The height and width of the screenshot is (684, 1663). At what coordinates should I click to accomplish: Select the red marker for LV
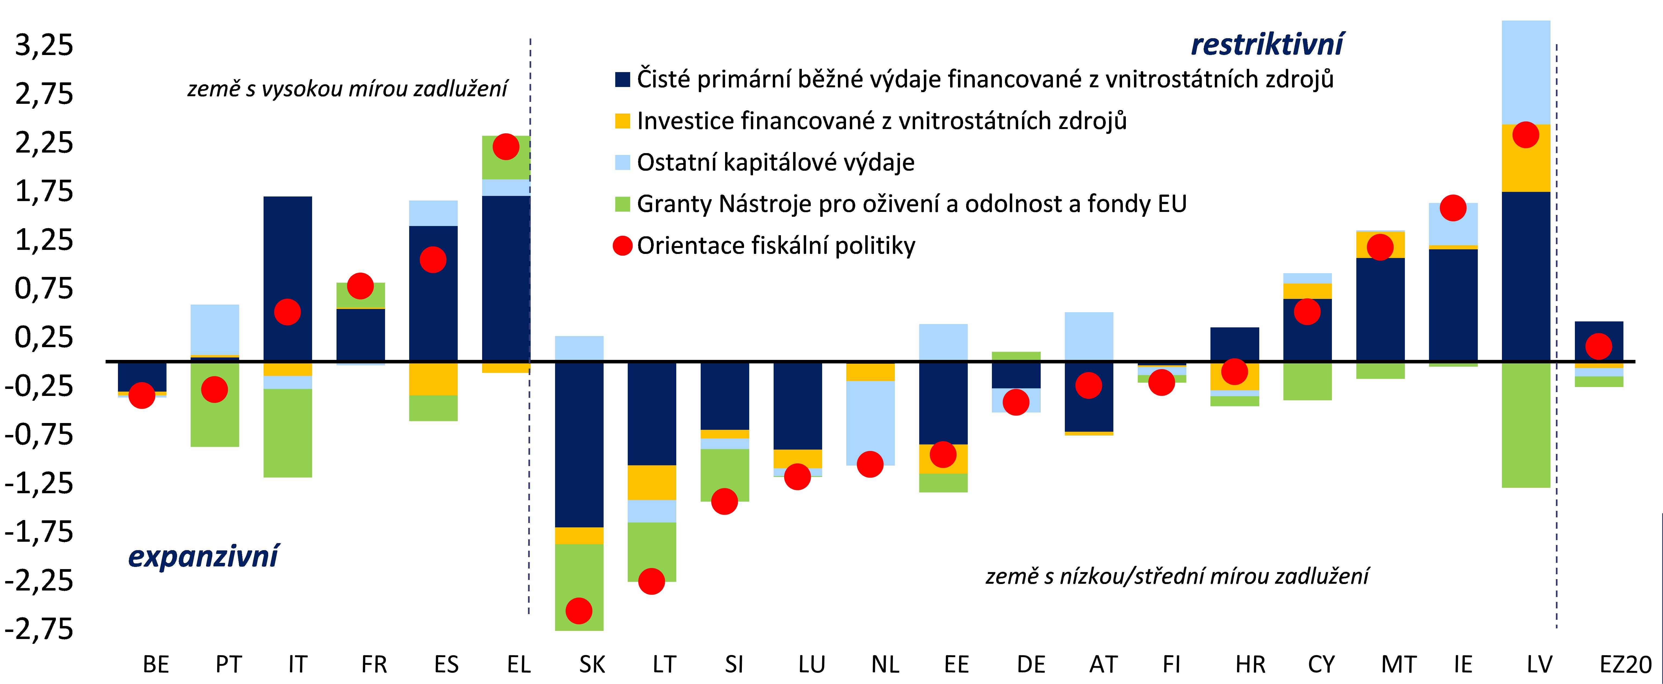(1526, 135)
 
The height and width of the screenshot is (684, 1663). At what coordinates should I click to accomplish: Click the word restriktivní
(1267, 44)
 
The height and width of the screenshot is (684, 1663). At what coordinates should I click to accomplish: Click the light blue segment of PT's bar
(214, 329)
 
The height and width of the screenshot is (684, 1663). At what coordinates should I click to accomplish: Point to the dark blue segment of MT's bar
(1380, 310)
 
